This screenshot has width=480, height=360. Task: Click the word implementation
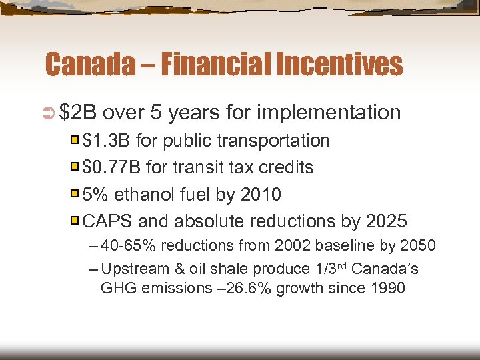coord(329,113)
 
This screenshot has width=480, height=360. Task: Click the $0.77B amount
coord(111,167)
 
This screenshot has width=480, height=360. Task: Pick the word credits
coord(286,167)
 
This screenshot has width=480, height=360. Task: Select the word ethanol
coord(142,194)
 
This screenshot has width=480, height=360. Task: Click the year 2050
coord(418,246)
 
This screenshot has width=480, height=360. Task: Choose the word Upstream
coord(131,269)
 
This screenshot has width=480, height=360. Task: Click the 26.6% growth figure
coord(265,289)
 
